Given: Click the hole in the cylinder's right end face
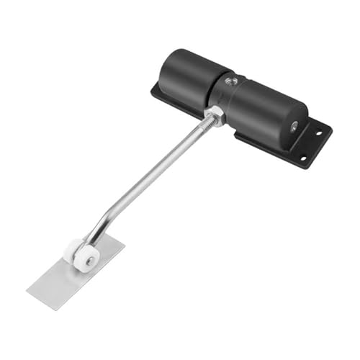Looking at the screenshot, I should (294, 126).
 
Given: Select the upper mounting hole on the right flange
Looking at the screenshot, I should (318, 132).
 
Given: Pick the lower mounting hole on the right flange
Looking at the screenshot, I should (303, 158).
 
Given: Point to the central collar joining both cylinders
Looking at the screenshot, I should (225, 90).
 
